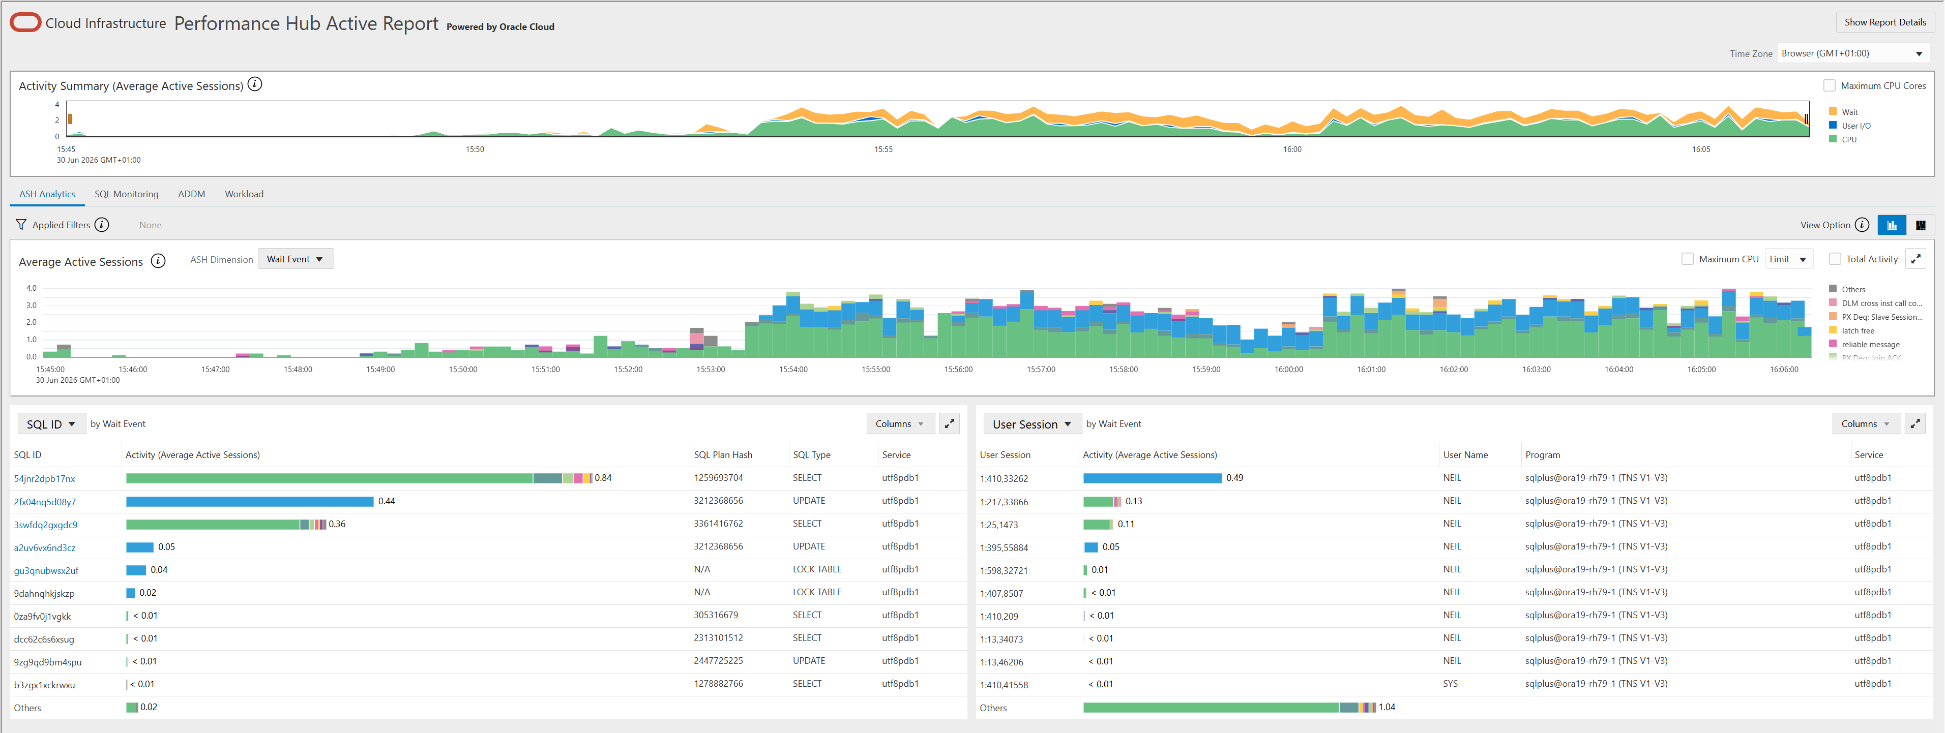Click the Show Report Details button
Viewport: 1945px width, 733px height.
click(1884, 23)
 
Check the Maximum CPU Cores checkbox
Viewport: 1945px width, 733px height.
click(1830, 86)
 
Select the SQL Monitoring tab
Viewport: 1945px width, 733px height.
click(126, 194)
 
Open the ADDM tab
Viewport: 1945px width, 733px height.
click(192, 194)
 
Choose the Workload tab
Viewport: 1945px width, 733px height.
click(244, 194)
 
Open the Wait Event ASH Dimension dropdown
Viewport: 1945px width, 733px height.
click(295, 259)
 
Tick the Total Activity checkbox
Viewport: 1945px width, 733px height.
click(1835, 259)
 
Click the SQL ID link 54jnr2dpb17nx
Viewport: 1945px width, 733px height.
click(45, 479)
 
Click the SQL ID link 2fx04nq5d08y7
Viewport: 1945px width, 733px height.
click(45, 502)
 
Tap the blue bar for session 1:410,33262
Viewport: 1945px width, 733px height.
click(1152, 478)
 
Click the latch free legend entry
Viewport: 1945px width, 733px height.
click(1858, 330)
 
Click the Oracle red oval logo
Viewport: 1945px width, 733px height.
click(25, 23)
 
